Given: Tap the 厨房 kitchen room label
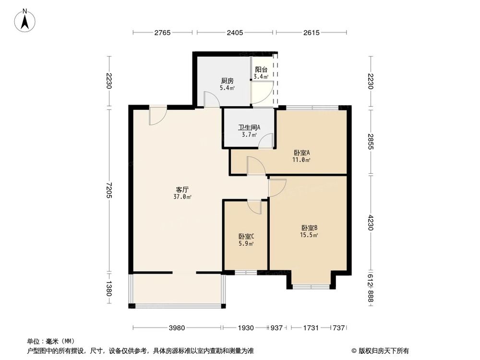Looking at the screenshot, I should tap(227, 81).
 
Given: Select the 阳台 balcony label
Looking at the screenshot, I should tap(261, 70).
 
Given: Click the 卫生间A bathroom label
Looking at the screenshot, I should tap(249, 128).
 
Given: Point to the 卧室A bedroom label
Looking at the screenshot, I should tap(302, 153).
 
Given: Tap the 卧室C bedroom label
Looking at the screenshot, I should tap(246, 237).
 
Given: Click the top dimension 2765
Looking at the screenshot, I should tap(163, 33).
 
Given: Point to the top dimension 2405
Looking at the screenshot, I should tap(235, 33).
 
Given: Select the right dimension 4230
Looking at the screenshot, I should tap(371, 223).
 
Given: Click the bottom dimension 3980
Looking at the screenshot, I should tap(177, 328).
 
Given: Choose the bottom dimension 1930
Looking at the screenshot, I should tap(245, 328).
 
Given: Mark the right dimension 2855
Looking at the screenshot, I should tap(371, 142).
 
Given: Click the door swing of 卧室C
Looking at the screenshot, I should tap(254, 207).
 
